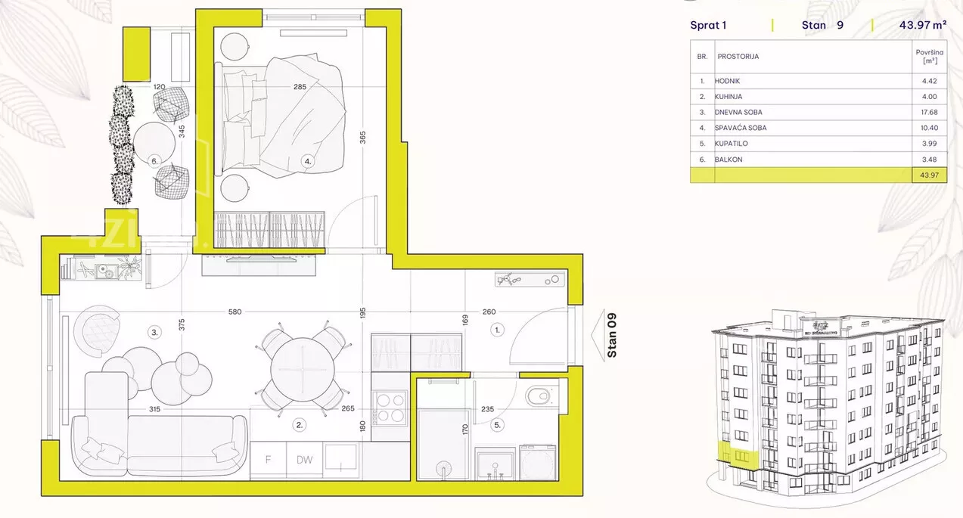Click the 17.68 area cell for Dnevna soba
929,112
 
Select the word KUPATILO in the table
731,144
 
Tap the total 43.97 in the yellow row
929,175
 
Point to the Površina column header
930,56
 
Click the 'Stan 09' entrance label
612,335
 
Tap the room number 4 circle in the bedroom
307,162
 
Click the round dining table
303,369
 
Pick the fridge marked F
268,460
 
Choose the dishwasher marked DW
304,460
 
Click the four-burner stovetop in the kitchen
390,408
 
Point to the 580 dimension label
235,312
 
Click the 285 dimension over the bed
300,87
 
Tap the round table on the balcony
154,143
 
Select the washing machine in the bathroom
538,463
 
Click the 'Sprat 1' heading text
708,26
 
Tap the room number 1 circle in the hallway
497,330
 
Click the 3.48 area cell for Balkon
929,160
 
